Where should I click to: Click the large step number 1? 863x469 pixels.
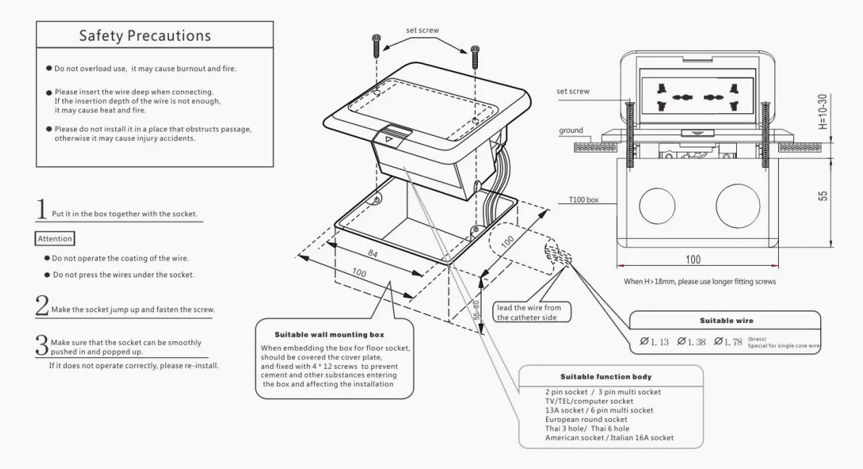[42, 208]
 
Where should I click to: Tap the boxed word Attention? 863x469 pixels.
[55, 237]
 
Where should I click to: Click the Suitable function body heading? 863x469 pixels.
[606, 377]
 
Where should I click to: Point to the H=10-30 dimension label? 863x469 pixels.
[822, 110]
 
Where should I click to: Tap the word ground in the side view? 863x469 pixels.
[571, 131]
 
